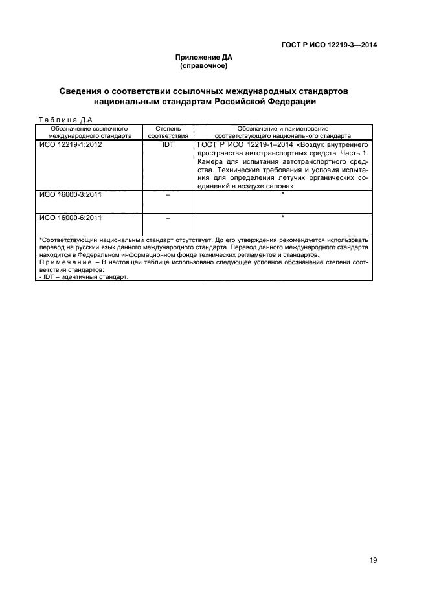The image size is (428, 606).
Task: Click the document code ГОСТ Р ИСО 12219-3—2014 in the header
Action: [329, 45]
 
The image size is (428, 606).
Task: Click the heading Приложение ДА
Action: [205, 58]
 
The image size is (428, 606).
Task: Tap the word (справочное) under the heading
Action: [205, 66]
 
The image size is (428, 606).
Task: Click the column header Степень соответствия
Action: [168, 133]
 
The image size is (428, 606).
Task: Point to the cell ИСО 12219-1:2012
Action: [71, 146]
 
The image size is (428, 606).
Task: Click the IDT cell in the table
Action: [168, 146]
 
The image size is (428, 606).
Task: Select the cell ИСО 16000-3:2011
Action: [71, 195]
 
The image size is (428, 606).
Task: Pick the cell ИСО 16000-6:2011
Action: [71, 218]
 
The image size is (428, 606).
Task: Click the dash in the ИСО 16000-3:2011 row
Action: [168, 196]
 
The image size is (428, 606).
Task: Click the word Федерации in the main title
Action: [286, 102]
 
